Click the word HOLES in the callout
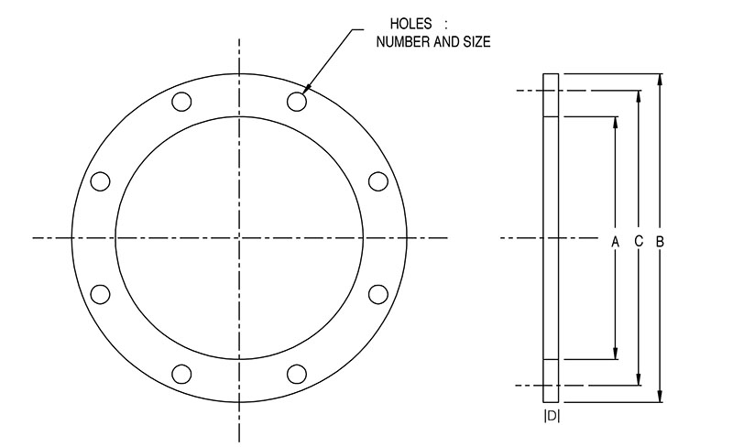(x=410, y=24)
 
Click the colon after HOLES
(x=445, y=25)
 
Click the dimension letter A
(x=615, y=242)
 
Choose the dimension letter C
(x=639, y=241)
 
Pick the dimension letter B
(x=660, y=242)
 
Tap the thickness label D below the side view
(x=552, y=416)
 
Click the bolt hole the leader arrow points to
(x=297, y=101)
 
